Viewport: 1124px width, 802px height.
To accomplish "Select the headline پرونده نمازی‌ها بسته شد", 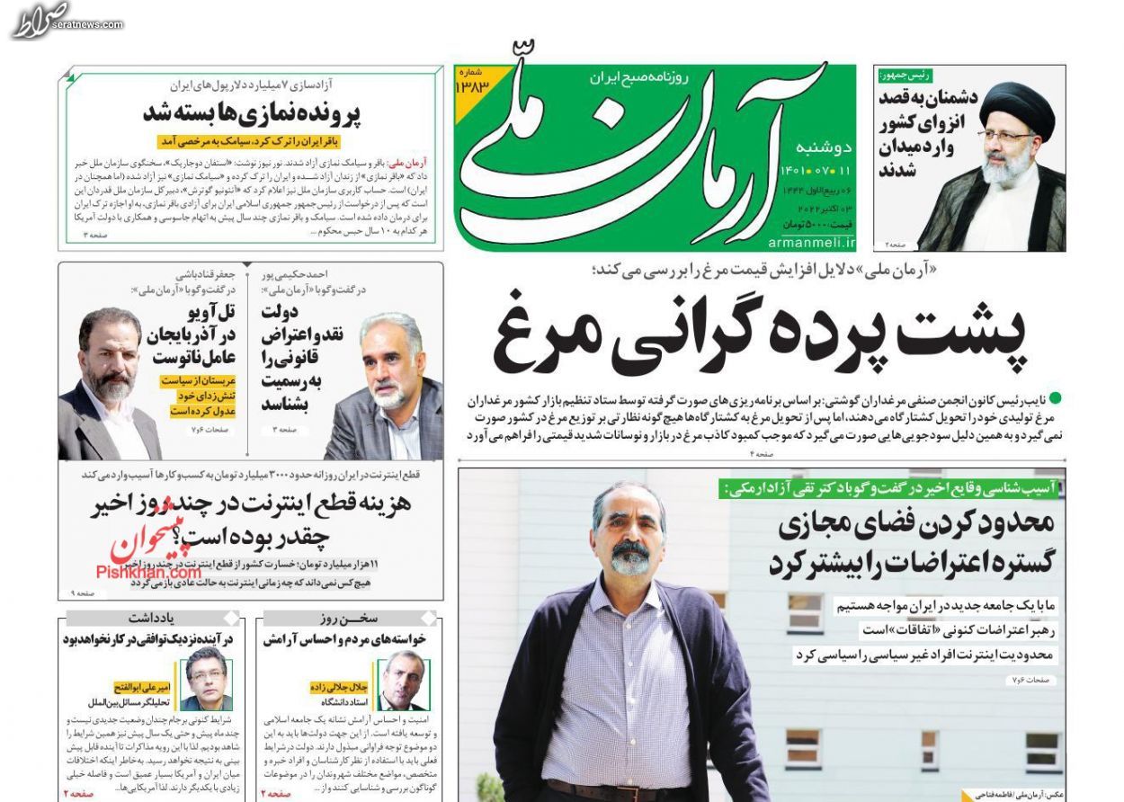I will [x=251, y=114].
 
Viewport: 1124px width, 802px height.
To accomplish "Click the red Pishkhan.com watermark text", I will [x=148, y=572].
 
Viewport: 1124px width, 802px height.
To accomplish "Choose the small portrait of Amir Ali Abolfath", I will [x=206, y=679].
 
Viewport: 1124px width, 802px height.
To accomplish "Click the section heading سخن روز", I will [x=349, y=619].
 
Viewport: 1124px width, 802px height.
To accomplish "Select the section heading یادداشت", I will [x=150, y=619].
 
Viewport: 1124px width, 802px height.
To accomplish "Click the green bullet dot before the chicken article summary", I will [x=1055, y=397].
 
